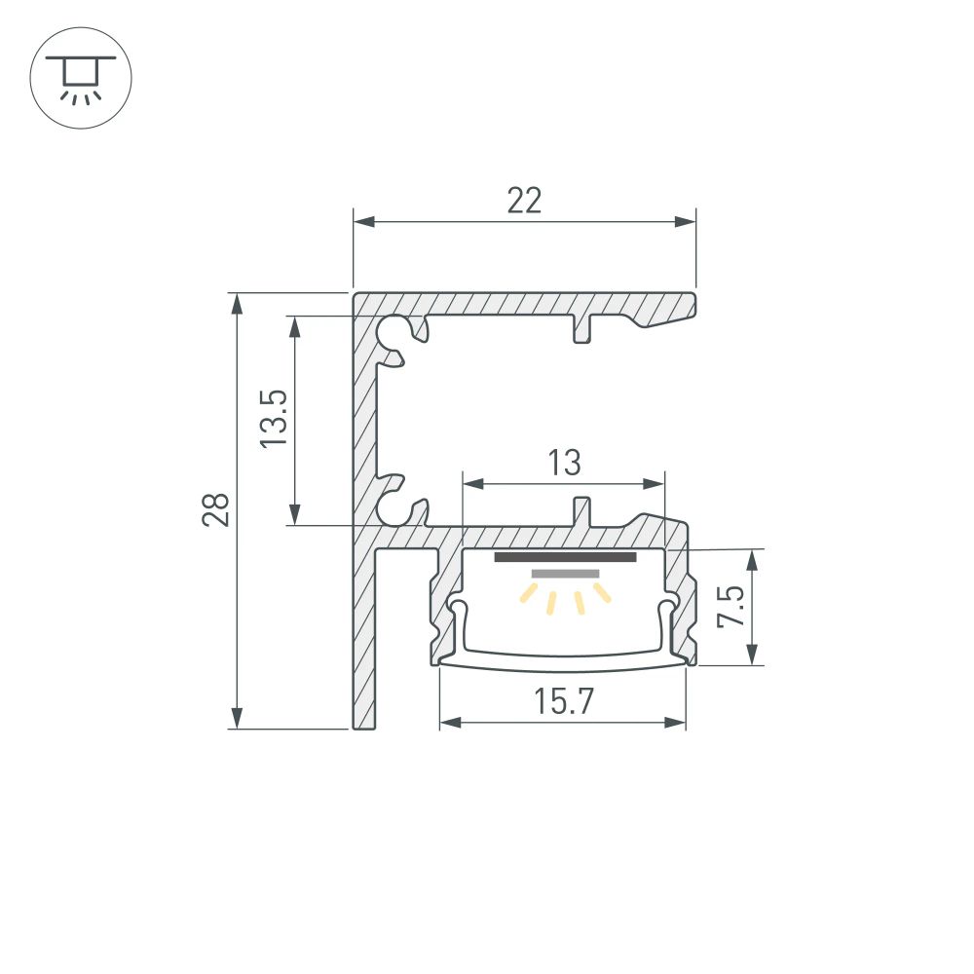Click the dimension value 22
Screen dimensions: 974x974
[x=524, y=201]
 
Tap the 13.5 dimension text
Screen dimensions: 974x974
[x=275, y=419]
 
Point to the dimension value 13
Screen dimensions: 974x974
[x=564, y=463]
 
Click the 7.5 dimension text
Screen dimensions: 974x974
[x=733, y=607]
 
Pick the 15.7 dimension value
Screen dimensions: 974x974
[x=563, y=701]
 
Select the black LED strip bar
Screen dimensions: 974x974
[x=565, y=558]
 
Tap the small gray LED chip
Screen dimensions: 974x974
[x=565, y=575]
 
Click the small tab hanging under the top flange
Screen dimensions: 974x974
[x=582, y=329]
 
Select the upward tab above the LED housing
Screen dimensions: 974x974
[x=582, y=510]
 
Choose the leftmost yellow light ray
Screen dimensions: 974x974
[x=530, y=593]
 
